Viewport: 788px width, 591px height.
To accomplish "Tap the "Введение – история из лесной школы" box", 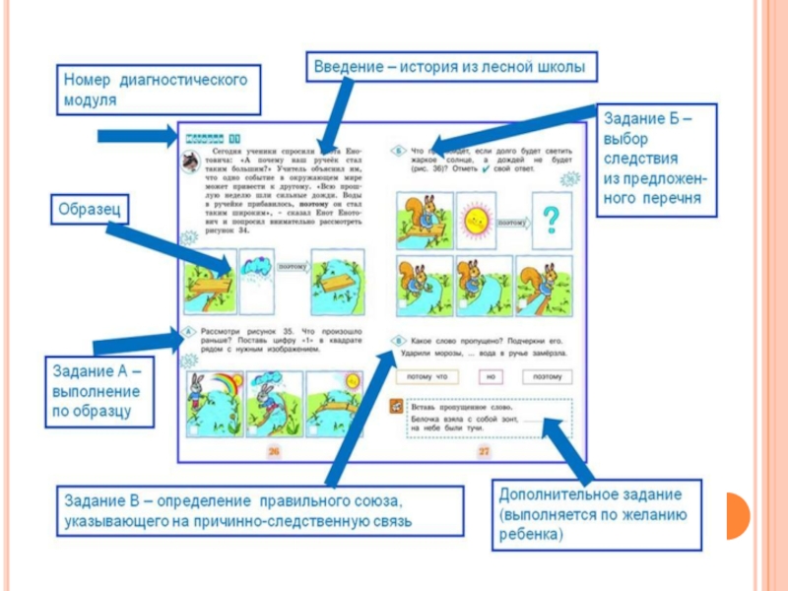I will coord(449,68).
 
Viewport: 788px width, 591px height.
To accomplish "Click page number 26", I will coord(274,451).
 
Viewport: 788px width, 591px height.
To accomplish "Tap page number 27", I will coord(485,451).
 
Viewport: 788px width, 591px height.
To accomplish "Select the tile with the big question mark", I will coord(552,216).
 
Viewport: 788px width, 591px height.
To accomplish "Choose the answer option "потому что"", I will coord(426,376).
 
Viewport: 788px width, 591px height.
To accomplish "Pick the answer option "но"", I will coord(490,376).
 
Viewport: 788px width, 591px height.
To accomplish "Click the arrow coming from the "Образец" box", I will coord(172,247).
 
